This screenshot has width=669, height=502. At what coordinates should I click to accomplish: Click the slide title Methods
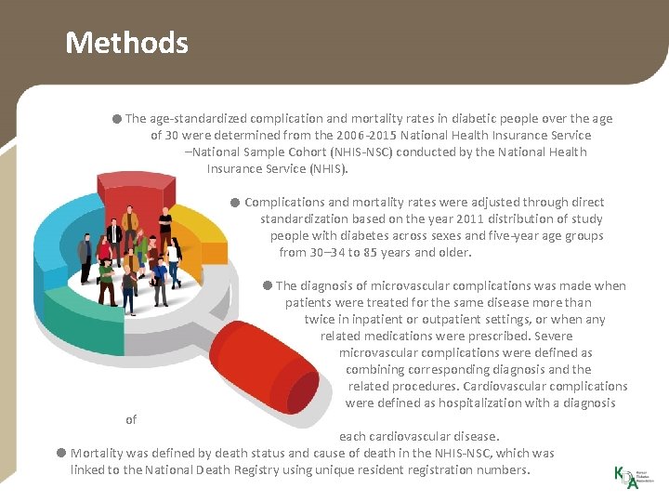click(126, 43)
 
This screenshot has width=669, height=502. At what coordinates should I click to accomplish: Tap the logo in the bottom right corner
click(627, 475)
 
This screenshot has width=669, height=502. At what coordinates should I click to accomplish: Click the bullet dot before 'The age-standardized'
click(115, 119)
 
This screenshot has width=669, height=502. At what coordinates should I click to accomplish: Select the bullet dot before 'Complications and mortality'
click(236, 203)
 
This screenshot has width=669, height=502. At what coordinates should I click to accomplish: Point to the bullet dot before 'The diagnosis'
click(267, 286)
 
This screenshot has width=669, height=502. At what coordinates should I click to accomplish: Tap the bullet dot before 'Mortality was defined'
click(60, 454)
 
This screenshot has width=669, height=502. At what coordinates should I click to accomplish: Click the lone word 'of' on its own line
click(131, 420)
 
